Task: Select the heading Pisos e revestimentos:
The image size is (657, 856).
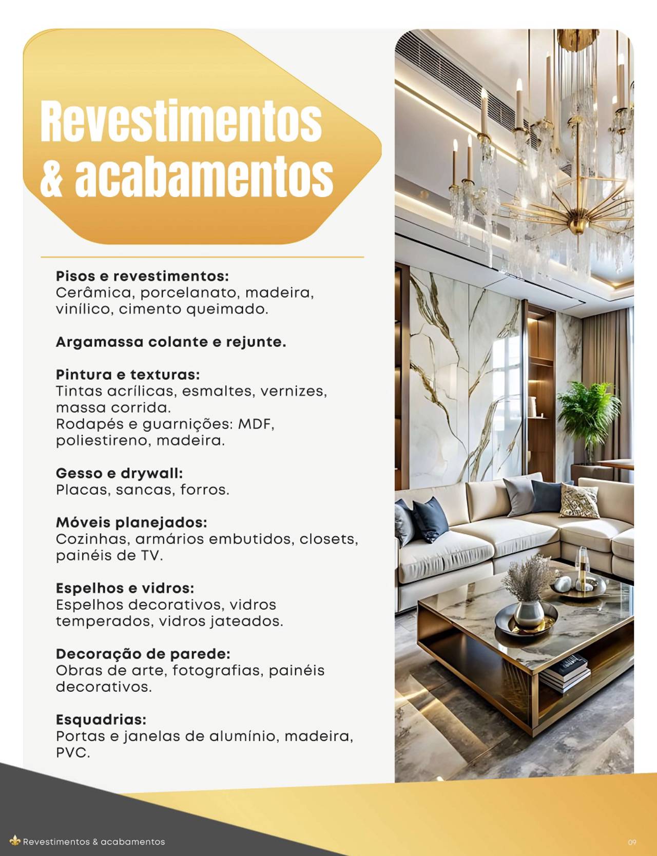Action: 142,276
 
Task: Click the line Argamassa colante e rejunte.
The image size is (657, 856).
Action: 171,342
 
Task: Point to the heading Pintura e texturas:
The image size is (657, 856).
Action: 128,375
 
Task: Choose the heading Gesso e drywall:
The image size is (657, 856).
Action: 119,473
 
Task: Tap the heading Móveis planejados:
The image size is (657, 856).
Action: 131,522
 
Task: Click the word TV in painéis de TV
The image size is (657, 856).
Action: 151,555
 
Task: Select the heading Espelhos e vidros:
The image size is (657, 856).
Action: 125,588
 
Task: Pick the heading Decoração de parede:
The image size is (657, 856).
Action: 143,654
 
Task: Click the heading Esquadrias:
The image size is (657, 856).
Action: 101,719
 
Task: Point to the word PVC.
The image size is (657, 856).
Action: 72,753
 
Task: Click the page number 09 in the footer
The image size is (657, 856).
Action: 632,842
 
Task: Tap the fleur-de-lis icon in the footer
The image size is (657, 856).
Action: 15,841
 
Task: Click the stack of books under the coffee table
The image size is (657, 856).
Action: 565,672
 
